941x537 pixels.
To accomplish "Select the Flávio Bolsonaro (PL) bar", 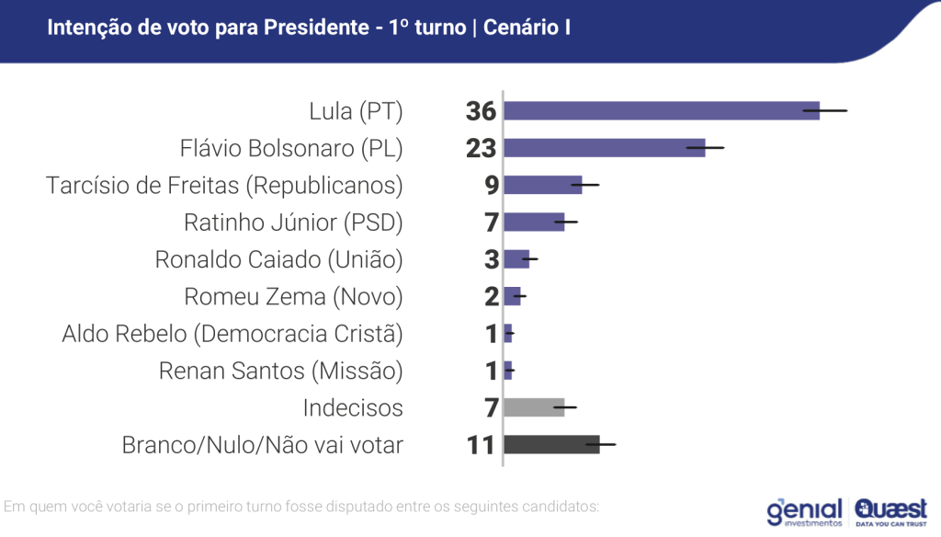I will click(604, 148).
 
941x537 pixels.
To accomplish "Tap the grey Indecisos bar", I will click(534, 407).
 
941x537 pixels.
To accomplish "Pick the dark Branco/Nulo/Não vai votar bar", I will click(551, 445).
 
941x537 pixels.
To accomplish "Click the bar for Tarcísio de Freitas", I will click(542, 185).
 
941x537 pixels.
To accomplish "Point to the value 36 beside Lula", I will click(481, 111).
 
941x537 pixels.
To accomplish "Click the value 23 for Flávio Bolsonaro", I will click(481, 148).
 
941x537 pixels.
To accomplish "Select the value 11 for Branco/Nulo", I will click(481, 445).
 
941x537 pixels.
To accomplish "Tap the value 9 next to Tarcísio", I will click(491, 185).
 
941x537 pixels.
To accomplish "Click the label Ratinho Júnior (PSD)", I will click(293, 223).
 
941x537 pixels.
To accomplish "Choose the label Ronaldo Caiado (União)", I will click(278, 259).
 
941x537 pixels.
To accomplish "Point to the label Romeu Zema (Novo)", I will click(293, 297).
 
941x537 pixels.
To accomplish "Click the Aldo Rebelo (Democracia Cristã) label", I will click(232, 334).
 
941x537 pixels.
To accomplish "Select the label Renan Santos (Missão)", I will click(280, 371).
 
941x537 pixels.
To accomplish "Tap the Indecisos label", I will click(353, 407).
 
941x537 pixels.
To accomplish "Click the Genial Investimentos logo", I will click(804, 511).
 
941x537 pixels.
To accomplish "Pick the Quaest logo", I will click(890, 510).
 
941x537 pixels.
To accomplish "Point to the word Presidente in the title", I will click(315, 28).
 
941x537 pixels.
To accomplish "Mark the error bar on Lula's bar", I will click(824, 111).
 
